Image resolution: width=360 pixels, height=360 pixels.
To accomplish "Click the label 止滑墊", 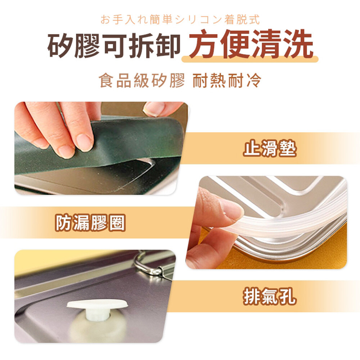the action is click(x=270, y=149).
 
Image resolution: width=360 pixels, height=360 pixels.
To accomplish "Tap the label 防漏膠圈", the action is click(x=90, y=222).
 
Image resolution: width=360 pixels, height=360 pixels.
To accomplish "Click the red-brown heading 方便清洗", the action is click(x=251, y=44).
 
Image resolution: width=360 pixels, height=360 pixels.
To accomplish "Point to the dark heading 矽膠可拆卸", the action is click(x=114, y=45).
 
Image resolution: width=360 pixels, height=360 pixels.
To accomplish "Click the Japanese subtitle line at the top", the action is click(x=180, y=19).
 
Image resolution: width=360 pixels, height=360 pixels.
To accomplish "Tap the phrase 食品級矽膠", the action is click(x=141, y=81).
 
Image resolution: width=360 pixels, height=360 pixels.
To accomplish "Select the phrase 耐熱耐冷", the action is click(x=227, y=81).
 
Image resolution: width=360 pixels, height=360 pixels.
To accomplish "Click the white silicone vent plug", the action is click(x=97, y=309).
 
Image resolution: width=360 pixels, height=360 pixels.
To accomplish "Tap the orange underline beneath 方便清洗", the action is click(x=250, y=59).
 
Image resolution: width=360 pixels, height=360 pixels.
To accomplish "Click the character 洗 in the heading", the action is click(x=298, y=44).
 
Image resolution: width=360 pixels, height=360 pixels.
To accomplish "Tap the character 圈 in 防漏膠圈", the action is click(x=117, y=222).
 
